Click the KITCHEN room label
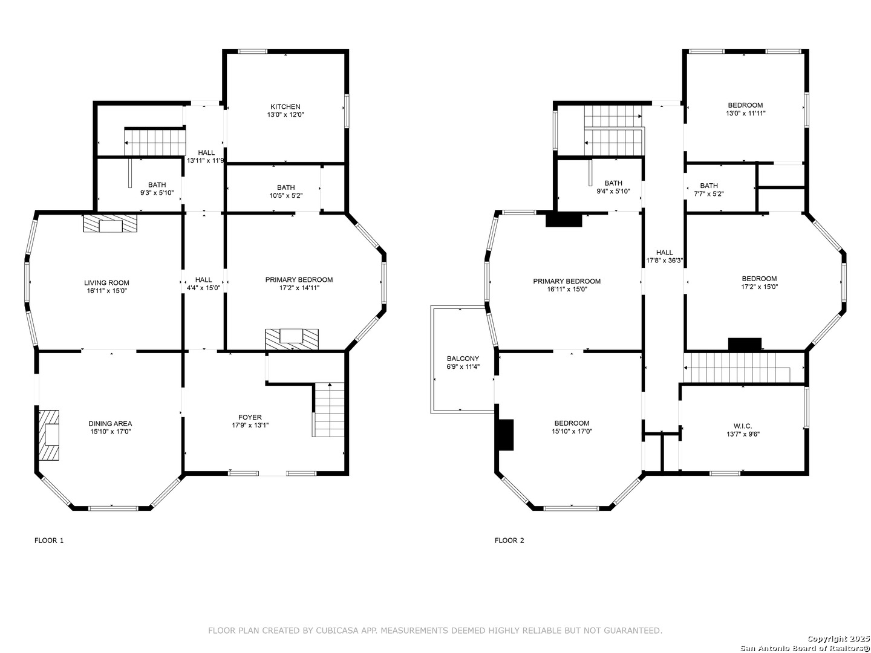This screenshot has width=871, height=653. [285, 106]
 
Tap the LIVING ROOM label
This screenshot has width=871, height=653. [106, 283]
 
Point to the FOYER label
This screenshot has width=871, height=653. [250, 417]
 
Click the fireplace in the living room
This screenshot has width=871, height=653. [110, 223]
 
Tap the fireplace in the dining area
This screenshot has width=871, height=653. [49, 435]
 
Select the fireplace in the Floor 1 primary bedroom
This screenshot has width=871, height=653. [292, 339]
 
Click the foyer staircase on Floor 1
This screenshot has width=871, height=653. [330, 409]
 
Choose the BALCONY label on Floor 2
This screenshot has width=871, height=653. [463, 359]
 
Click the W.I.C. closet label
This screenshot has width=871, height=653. [742, 426]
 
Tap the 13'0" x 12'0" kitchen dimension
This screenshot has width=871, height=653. [285, 115]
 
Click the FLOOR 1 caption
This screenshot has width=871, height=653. [49, 541]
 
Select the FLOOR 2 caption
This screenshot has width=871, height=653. [509, 541]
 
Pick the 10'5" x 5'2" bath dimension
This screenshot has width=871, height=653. [285, 195]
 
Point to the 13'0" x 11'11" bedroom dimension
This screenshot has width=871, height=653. [745, 114]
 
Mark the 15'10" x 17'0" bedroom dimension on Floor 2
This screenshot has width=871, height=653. [572, 431]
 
